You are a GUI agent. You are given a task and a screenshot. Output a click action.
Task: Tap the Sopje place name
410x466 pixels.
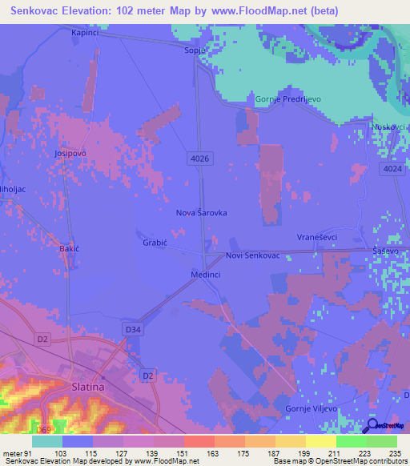195,50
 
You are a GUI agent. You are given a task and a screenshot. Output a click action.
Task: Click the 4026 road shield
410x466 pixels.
200,159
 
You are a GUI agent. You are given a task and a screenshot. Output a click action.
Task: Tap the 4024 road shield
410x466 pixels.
392,169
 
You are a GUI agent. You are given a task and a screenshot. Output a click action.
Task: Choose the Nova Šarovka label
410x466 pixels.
201,214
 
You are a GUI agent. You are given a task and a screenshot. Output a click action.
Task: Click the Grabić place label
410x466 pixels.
155,242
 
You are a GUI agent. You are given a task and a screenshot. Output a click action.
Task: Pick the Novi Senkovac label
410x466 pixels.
252,255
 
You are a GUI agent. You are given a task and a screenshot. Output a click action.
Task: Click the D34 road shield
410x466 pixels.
134,328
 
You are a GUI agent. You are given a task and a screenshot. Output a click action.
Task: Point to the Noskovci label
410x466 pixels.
389,127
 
